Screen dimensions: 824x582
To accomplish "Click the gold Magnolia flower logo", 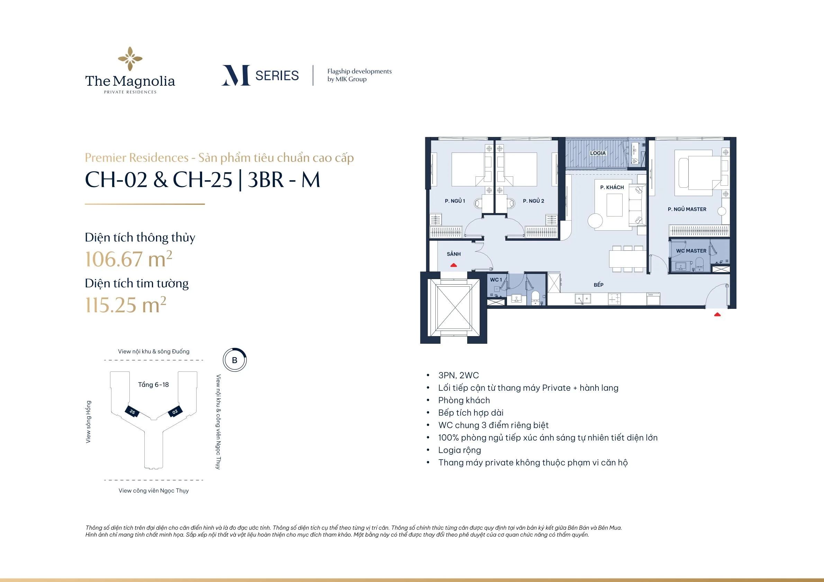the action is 130,59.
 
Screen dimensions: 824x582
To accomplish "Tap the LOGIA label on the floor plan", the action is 598,153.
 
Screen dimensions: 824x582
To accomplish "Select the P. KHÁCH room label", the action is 612,187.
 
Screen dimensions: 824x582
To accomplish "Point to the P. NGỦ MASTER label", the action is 687,209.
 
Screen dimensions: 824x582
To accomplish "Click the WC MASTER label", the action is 691,251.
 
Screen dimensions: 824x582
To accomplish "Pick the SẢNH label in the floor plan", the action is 454,254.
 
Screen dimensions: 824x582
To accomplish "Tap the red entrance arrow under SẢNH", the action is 454,265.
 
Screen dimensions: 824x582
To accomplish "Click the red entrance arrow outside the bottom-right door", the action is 717,314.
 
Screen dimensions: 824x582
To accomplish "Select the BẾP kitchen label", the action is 599,285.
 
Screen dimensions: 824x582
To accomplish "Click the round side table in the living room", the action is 596,220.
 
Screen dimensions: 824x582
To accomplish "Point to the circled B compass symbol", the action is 235,360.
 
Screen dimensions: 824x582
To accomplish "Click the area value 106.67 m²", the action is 128,259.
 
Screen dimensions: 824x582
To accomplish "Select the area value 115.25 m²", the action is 126,305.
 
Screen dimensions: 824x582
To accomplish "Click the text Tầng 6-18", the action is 153,385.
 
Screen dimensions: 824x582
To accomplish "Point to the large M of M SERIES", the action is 236,75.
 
